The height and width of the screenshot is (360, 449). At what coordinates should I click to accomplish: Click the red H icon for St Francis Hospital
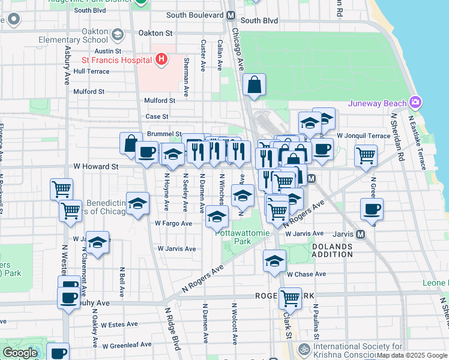click(161, 59)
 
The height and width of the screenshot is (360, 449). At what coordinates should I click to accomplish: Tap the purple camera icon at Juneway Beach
click(415, 103)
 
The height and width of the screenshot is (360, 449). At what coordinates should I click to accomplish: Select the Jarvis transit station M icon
click(360, 234)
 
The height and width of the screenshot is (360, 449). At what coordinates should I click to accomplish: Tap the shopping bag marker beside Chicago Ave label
click(255, 86)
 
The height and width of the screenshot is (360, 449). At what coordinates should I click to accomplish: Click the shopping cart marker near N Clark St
click(290, 297)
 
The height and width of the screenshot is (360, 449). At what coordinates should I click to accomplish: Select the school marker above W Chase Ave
click(274, 262)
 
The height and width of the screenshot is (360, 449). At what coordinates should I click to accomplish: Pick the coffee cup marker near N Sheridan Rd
click(372, 210)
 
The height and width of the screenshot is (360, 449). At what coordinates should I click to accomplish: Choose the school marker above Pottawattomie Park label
click(217, 217)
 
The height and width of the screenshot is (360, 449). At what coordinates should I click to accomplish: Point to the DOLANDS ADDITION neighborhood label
click(331, 250)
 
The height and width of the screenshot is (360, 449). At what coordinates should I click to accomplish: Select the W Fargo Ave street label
click(173, 223)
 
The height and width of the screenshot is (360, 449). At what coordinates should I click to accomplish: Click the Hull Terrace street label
click(91, 71)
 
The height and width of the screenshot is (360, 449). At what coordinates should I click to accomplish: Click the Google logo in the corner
click(20, 353)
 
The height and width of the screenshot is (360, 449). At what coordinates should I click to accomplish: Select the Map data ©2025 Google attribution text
click(411, 355)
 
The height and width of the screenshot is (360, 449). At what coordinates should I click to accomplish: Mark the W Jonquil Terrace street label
click(364, 136)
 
